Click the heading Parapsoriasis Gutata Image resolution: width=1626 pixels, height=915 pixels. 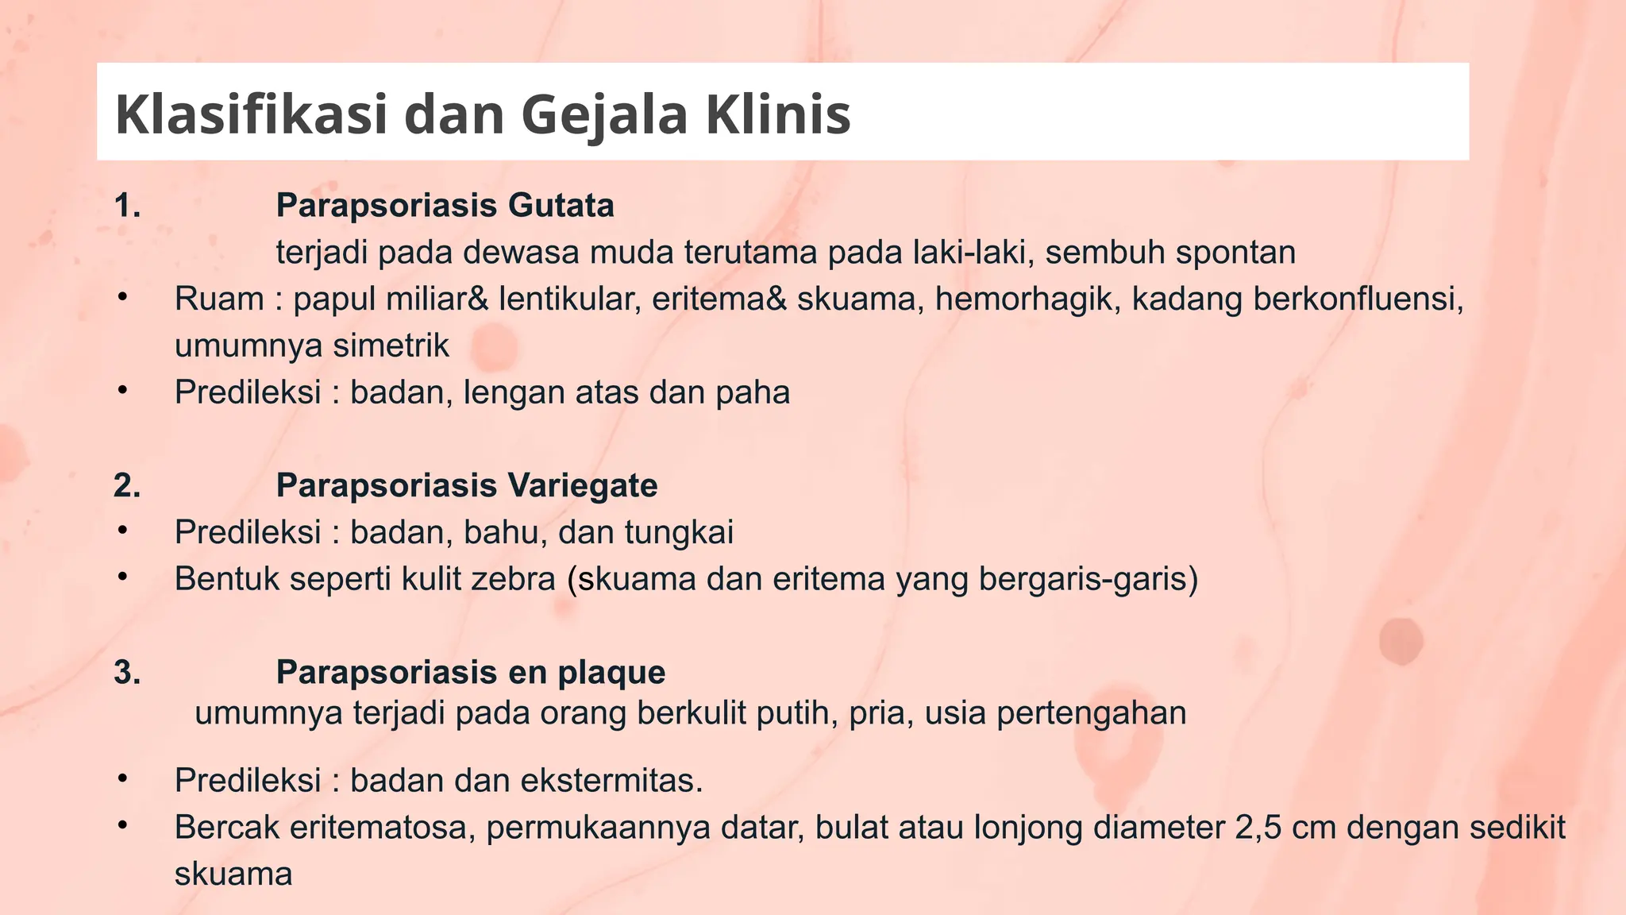click(445, 206)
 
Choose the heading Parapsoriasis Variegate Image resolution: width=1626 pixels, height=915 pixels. click(467, 485)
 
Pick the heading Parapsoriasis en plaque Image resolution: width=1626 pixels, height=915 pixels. click(471, 672)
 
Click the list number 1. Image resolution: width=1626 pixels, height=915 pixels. click(127, 206)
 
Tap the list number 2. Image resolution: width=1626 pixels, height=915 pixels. click(127, 485)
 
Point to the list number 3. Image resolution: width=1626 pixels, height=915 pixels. click(127, 672)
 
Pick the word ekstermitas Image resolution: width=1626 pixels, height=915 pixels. click(611, 781)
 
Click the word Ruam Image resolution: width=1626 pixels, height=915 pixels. click(219, 299)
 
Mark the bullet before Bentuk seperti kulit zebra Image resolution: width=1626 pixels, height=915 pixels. click(121, 577)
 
